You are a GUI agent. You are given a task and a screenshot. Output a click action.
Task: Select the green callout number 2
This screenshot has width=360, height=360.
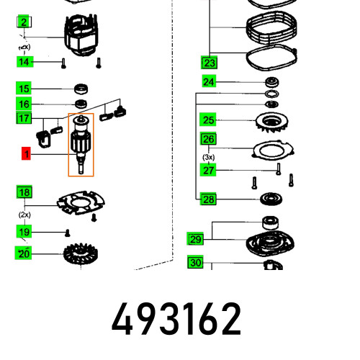(24, 23)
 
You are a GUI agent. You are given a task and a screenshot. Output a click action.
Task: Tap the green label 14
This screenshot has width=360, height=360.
(24, 62)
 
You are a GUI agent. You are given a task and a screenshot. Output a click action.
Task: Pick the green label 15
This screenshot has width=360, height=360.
(24, 89)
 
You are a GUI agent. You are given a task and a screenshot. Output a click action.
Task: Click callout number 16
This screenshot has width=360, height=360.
(24, 104)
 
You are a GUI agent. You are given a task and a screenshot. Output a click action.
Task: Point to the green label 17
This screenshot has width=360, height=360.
(24, 118)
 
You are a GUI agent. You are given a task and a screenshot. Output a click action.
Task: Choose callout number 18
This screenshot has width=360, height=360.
(24, 192)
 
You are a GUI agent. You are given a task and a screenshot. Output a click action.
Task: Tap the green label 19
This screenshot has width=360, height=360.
(24, 232)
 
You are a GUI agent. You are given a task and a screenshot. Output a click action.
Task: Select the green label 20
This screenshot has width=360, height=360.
(24, 253)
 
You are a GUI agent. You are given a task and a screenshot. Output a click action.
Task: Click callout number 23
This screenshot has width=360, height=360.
(209, 62)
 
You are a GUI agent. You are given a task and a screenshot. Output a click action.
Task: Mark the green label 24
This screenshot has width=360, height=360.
(209, 81)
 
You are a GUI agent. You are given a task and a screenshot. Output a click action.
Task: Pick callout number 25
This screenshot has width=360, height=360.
(209, 120)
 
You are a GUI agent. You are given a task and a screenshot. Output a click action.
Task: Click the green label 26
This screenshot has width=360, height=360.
(209, 139)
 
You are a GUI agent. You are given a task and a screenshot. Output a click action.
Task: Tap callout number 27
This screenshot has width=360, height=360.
(209, 170)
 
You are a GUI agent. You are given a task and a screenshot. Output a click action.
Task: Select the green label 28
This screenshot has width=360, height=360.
(209, 199)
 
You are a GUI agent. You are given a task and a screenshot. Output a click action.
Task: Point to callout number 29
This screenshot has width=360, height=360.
(195, 238)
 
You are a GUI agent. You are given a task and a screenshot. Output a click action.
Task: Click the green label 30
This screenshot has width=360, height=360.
(195, 263)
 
